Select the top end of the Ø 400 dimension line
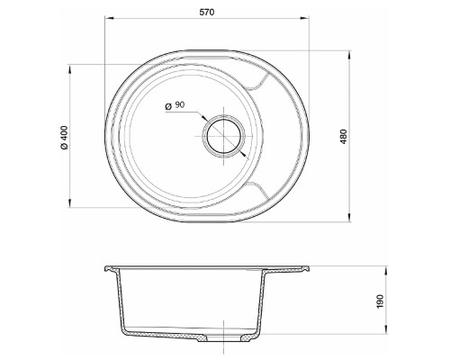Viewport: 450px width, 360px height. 72,64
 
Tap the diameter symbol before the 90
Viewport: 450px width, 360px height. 167,105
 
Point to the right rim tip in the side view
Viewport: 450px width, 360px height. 310,266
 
